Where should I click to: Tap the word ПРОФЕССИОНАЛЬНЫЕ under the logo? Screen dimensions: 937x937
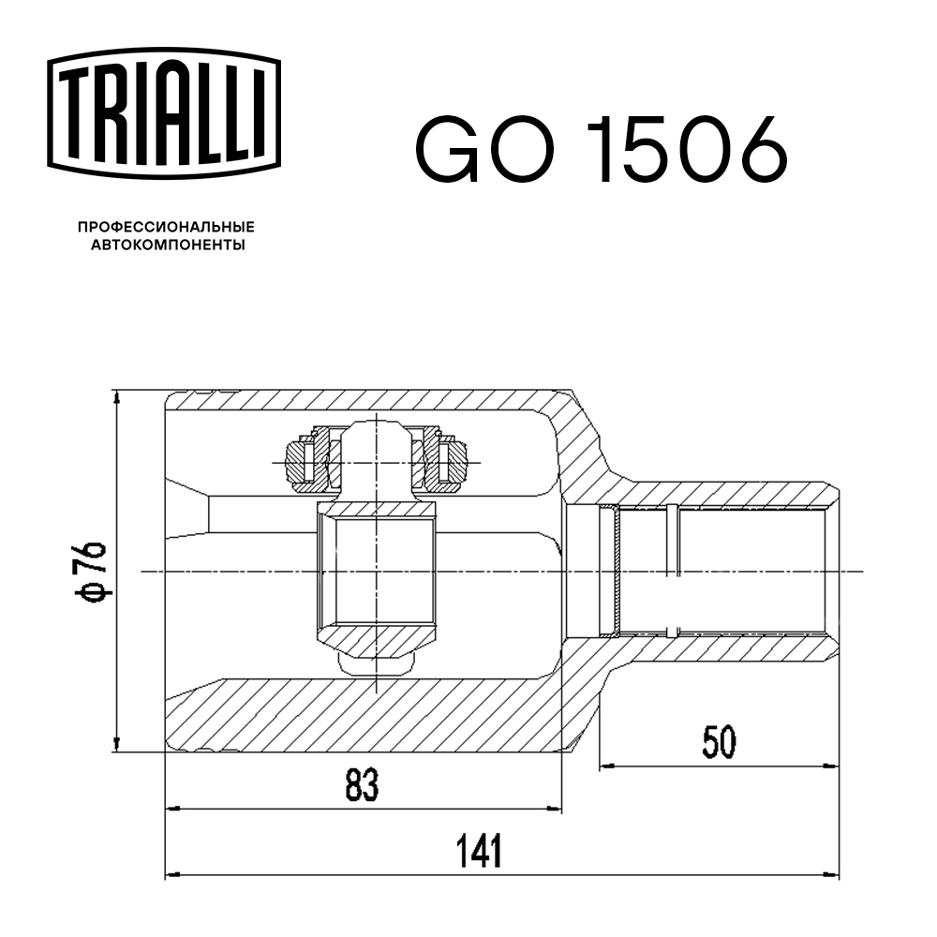click(x=166, y=228)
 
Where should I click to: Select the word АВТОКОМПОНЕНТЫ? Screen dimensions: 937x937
click(x=167, y=246)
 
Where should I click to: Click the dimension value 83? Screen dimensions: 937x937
click(x=362, y=786)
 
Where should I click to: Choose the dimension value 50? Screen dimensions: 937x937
click(x=719, y=743)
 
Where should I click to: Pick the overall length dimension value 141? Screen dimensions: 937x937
click(x=479, y=851)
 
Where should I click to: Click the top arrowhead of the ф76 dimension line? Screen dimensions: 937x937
click(x=116, y=397)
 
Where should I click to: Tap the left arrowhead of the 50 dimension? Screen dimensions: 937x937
click(x=607, y=766)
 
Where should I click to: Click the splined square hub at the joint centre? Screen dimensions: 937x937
click(x=377, y=572)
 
